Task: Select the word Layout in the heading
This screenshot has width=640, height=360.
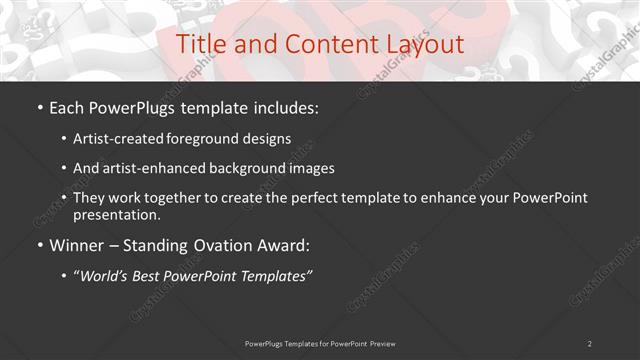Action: [x=422, y=45]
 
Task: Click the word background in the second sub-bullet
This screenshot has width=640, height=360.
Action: [x=241, y=168]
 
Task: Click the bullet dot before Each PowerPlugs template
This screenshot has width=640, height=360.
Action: [x=39, y=107]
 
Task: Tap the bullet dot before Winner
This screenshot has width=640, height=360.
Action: [x=39, y=245]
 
